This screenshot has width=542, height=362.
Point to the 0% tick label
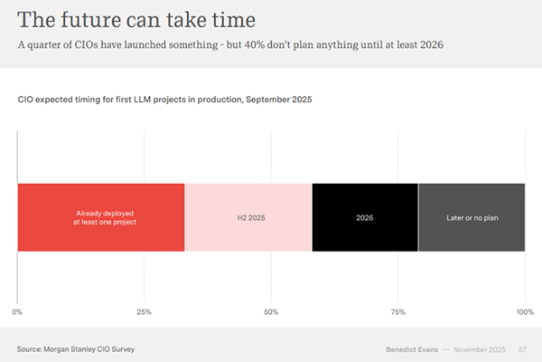point(17,311)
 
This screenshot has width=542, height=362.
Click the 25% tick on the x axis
point(144,311)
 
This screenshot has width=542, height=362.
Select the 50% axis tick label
point(271,311)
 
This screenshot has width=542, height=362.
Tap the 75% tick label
point(397,311)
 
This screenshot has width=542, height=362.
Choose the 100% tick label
point(524,311)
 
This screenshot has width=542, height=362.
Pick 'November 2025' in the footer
point(481,348)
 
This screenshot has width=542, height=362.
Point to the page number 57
point(523,348)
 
